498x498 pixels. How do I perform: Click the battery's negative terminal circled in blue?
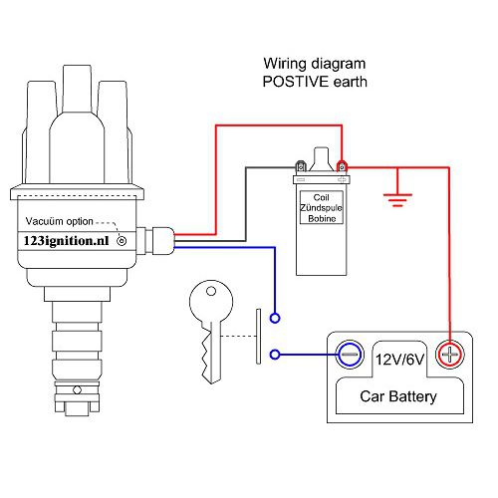[350, 355]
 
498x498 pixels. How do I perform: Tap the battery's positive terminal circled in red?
[449, 355]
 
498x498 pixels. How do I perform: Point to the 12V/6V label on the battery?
[399, 360]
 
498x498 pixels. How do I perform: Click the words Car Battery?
[398, 396]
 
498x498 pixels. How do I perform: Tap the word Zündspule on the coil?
[321, 208]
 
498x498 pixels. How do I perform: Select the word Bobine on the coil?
[322, 218]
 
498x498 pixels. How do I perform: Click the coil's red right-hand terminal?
[342, 166]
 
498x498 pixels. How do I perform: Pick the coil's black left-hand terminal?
[301, 166]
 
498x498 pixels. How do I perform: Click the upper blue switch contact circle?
[275, 318]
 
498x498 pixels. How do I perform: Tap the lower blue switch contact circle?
[275, 355]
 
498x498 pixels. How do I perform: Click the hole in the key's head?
[211, 292]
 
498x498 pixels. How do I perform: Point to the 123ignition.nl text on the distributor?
[67, 241]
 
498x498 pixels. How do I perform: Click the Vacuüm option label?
[60, 221]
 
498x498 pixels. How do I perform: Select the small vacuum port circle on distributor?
[122, 241]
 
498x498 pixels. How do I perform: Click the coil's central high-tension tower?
[322, 159]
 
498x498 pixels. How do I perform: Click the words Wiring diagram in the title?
[315, 64]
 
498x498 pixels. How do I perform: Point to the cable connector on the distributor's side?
[155, 241]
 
